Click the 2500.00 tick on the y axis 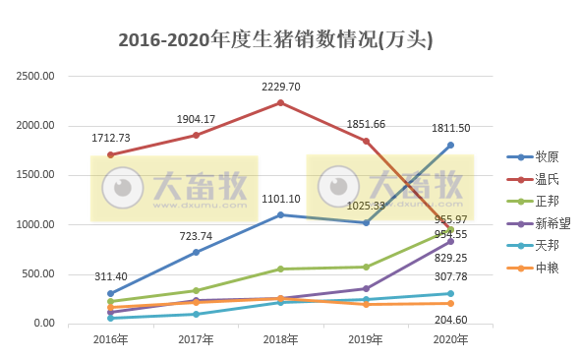point(37,77)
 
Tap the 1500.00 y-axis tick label point(37,175)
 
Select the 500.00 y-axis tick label point(40,274)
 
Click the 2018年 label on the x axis point(280,339)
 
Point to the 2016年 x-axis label point(110,339)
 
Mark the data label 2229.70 point(280,87)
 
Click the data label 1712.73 point(110,139)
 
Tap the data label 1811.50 point(450,129)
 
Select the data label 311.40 point(110,277)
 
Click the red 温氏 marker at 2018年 point(280,102)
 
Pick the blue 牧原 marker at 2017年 point(196,252)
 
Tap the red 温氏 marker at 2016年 point(110,154)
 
